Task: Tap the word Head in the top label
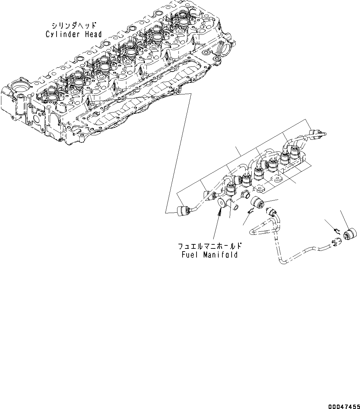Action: coord(93,34)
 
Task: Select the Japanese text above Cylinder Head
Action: coord(74,26)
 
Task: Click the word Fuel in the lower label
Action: coord(189,255)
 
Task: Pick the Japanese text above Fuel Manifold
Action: coord(209,246)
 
